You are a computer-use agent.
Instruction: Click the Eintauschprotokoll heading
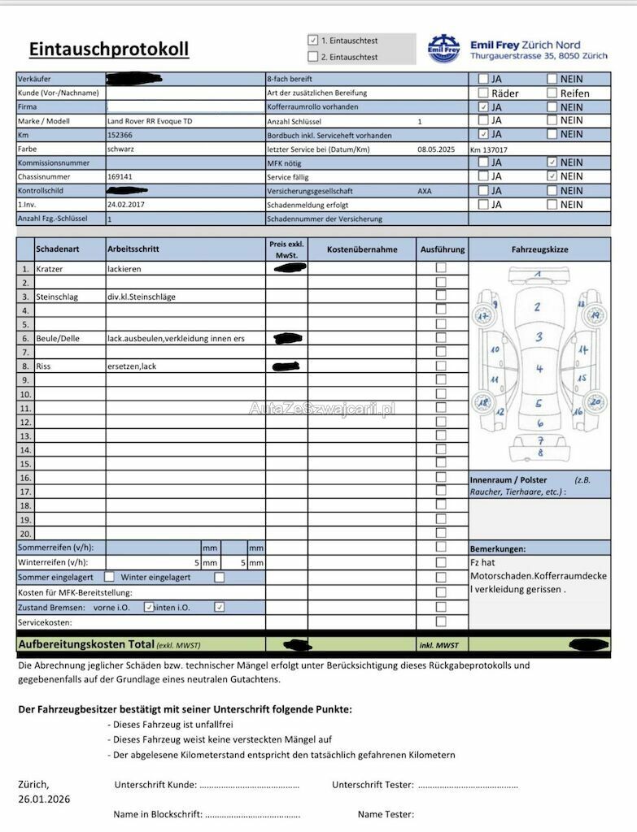(109, 50)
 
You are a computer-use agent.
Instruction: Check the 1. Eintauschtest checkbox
(313, 40)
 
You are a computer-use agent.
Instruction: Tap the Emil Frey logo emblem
(443, 49)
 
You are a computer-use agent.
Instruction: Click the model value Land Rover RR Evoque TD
(150, 121)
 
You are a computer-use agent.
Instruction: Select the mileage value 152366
(120, 135)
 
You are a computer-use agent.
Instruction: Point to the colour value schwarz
(120, 149)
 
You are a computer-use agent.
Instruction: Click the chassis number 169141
(120, 176)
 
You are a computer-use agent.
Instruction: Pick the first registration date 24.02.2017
(126, 205)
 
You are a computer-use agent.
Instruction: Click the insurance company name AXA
(425, 191)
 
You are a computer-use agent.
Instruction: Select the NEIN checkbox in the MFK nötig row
(552, 162)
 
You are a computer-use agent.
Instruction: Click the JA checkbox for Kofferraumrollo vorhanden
(483, 106)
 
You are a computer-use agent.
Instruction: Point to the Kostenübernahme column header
(362, 249)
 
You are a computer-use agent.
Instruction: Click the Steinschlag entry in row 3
(57, 297)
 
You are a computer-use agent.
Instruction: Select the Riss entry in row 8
(43, 366)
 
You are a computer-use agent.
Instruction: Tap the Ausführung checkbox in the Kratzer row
(441, 267)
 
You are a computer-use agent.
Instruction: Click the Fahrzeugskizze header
(539, 249)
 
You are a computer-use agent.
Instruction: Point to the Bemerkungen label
(497, 548)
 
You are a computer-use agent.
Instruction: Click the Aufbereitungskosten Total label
(86, 644)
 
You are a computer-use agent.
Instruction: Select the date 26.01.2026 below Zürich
(44, 799)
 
